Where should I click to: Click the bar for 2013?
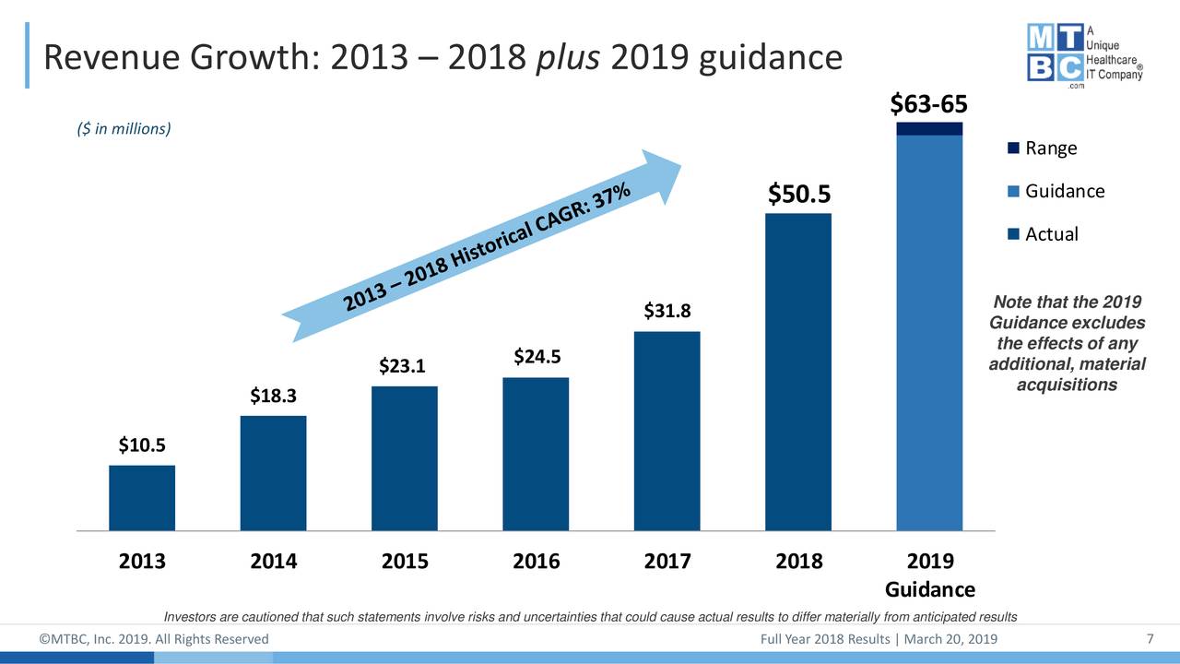click(x=142, y=498)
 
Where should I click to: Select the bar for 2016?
click(x=536, y=454)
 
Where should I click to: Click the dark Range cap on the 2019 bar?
click(x=929, y=128)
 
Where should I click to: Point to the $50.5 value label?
click(x=799, y=195)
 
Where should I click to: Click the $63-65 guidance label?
click(x=928, y=105)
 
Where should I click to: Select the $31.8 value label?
click(x=667, y=311)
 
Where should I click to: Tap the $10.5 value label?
click(x=142, y=445)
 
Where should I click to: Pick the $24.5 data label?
click(x=537, y=356)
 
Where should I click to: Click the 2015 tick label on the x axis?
click(x=405, y=562)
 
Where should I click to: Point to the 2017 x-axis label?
click(x=667, y=562)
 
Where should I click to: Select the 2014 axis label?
click(x=274, y=562)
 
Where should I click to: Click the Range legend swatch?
click(x=1014, y=148)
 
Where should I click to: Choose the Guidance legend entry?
click(x=1064, y=191)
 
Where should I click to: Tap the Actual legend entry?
click(x=1051, y=234)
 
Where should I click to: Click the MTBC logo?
click(x=1085, y=53)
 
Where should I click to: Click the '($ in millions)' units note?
click(x=124, y=129)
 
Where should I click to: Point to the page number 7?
click(x=1150, y=640)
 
